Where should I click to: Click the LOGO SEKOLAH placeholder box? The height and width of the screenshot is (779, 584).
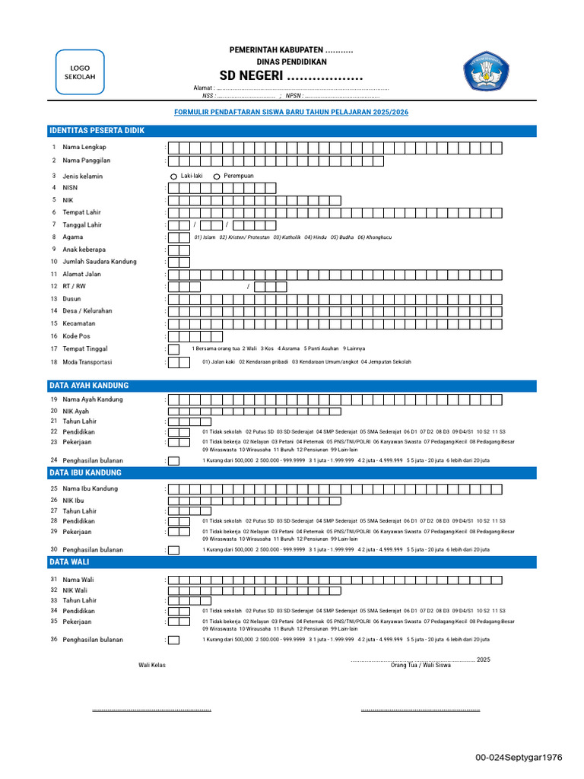(x=81, y=72)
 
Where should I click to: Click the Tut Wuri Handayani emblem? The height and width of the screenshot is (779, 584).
(x=487, y=72)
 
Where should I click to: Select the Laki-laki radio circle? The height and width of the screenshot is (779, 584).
(x=173, y=176)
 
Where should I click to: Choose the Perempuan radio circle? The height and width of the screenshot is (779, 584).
(x=217, y=176)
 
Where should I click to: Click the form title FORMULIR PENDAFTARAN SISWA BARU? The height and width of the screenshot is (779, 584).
(x=291, y=112)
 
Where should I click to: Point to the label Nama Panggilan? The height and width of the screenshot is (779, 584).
(x=87, y=161)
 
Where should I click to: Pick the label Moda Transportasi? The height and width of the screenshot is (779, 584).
(x=90, y=362)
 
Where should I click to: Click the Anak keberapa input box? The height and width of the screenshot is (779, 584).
(x=179, y=250)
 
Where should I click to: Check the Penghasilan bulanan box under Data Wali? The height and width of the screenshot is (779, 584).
(x=174, y=640)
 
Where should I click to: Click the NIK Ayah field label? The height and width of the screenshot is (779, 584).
(x=76, y=411)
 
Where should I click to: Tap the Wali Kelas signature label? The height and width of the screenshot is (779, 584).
(x=152, y=665)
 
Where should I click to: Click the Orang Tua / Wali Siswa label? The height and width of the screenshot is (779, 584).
(x=421, y=665)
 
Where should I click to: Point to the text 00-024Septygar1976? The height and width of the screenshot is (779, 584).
(x=519, y=758)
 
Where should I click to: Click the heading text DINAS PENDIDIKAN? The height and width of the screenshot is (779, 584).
(x=291, y=62)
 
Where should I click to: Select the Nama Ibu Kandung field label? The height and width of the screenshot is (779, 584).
(x=90, y=489)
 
